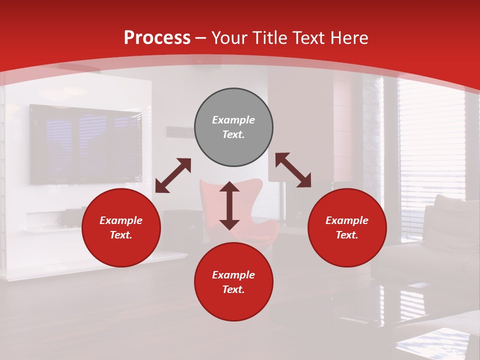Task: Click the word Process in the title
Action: point(157,38)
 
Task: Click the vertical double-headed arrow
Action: point(229,205)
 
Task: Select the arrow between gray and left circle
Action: point(173,175)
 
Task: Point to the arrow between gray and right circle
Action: point(293,170)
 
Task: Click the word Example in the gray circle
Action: point(233,120)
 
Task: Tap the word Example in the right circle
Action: point(347,220)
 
